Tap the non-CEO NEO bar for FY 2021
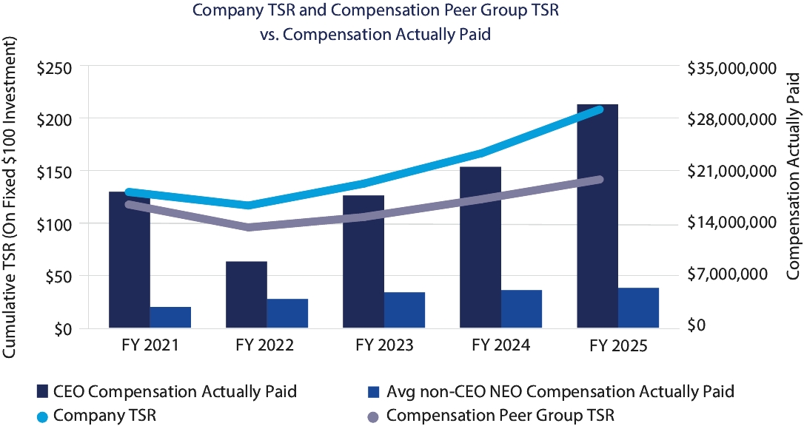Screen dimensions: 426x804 [170, 317]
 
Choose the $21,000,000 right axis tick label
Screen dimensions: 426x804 [730, 172]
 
